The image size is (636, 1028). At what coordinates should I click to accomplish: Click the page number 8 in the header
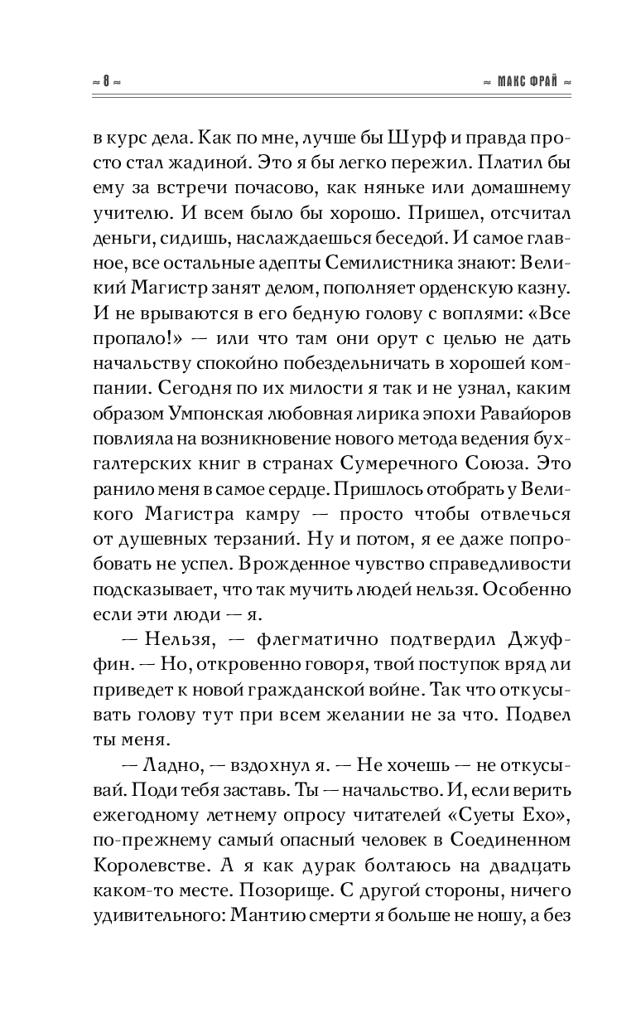click(x=106, y=83)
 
